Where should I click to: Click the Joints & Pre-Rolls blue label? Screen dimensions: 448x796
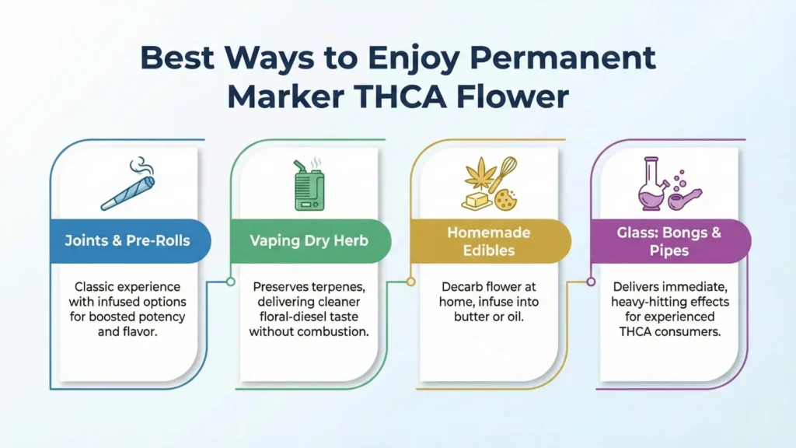click(127, 240)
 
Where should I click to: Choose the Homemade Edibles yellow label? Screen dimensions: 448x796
click(489, 240)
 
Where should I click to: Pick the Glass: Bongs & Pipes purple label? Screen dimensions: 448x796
click(668, 240)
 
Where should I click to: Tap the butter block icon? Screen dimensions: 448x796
click(477, 200)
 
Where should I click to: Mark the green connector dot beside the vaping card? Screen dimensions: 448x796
click(230, 282)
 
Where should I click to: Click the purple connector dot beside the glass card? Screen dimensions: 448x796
click(591, 282)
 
